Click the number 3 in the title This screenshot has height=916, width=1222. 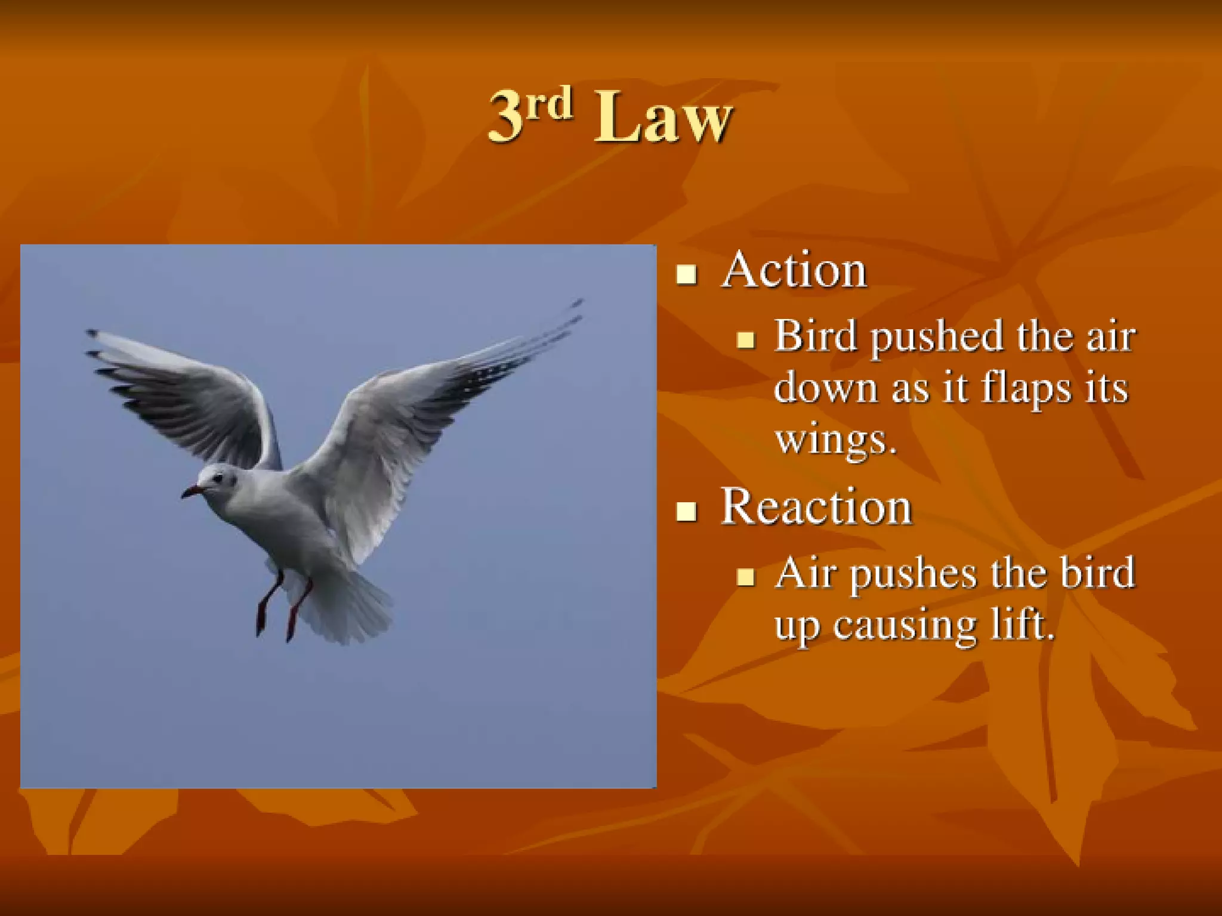(x=506, y=117)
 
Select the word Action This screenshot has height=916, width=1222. (x=794, y=271)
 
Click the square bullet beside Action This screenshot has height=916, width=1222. (x=686, y=274)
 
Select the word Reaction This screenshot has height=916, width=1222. (x=816, y=507)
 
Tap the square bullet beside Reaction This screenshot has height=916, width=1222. (x=686, y=511)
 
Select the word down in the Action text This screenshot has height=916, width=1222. (x=826, y=388)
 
